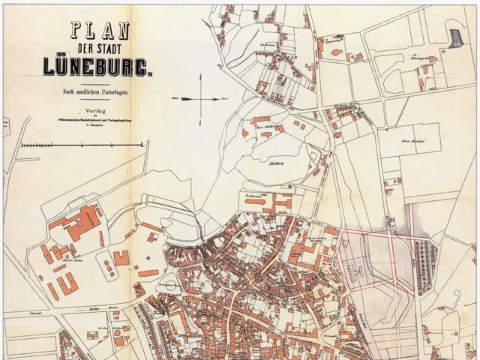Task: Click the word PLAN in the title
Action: (x=101, y=31)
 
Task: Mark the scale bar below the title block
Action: (x=81, y=143)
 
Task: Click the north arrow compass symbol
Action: (x=201, y=97)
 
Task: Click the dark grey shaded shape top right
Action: (x=454, y=34)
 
